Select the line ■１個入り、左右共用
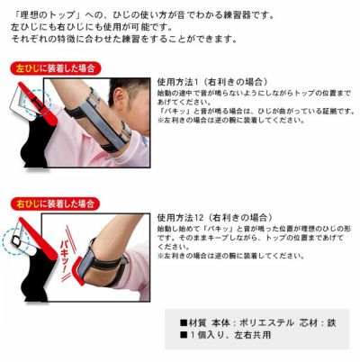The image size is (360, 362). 226,334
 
